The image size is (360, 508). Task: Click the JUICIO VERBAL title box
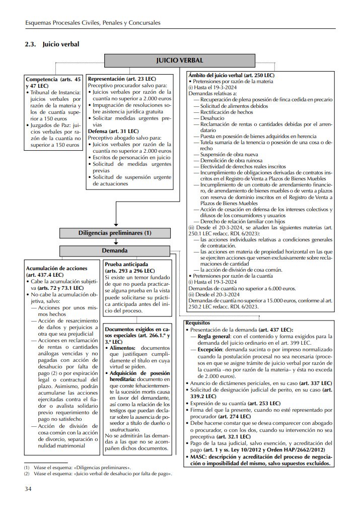[x=180, y=60]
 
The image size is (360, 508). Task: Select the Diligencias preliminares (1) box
[x=115, y=233]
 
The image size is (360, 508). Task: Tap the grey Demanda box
[x=115, y=250]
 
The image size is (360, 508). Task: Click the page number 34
[x=29, y=488]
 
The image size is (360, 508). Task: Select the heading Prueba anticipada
[x=126, y=264]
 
